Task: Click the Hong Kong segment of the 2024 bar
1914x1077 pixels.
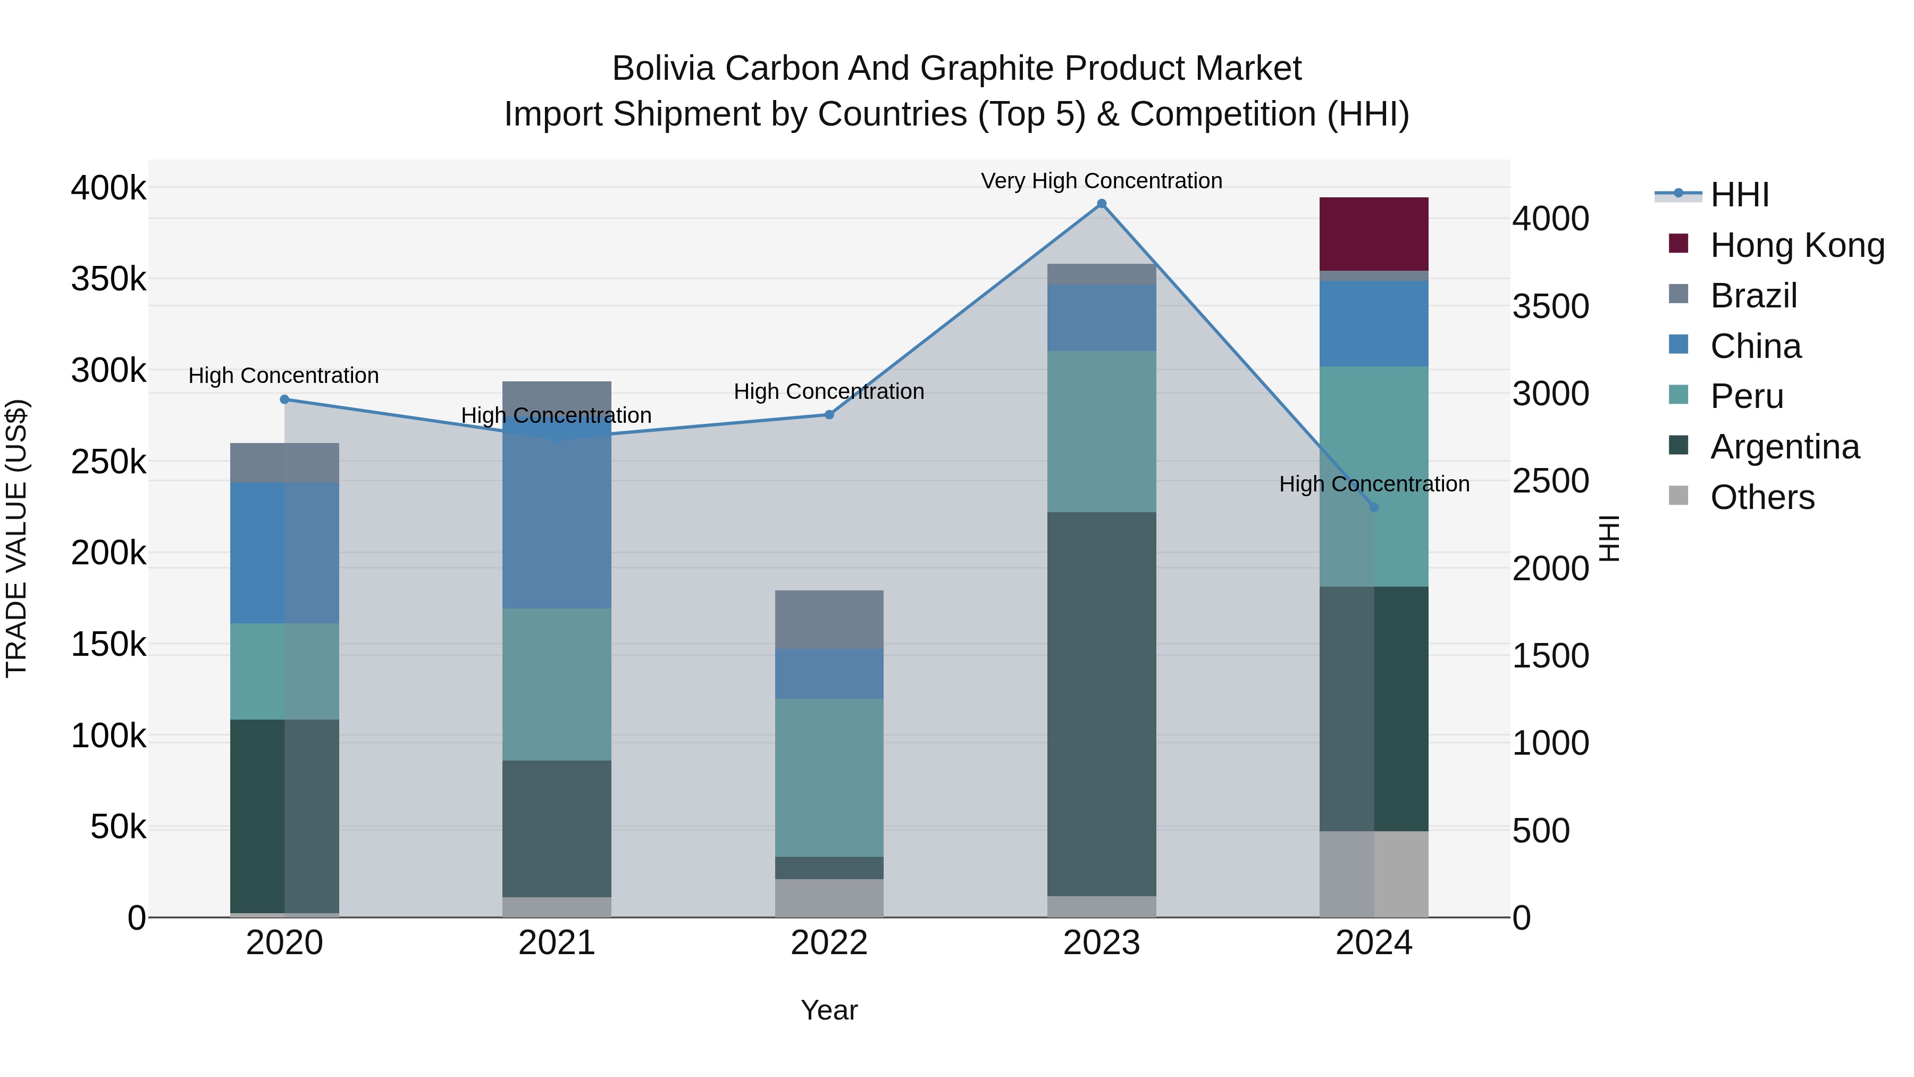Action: coord(1373,233)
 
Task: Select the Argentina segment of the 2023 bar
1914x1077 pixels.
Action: coord(1101,703)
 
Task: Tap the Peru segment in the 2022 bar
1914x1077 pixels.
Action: coord(828,777)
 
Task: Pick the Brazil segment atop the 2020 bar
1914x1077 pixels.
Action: coord(284,462)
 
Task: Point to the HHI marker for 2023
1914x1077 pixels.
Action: coord(1101,204)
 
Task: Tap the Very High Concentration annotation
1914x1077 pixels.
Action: coord(1101,181)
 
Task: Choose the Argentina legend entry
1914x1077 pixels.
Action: coord(1784,447)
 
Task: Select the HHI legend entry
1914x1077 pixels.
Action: coord(1739,195)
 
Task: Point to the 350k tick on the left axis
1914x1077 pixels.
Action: coord(108,279)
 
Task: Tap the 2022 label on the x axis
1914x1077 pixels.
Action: coord(828,943)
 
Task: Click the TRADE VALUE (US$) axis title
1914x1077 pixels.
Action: coord(17,538)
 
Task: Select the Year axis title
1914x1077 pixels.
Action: coord(828,1010)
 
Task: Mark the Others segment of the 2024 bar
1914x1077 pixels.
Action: coord(1373,873)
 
